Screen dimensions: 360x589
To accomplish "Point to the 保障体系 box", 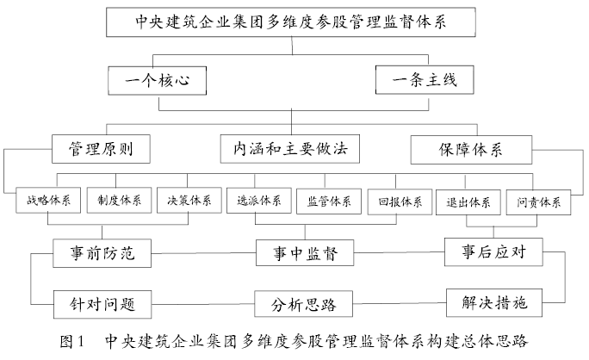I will [x=469, y=148].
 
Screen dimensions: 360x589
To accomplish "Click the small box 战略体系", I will [x=49, y=202].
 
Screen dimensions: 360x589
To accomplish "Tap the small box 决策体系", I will [x=189, y=202].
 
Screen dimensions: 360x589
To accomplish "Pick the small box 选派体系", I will [x=259, y=202].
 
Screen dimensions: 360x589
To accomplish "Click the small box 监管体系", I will [x=329, y=202].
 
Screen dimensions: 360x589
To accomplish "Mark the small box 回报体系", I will [x=400, y=202].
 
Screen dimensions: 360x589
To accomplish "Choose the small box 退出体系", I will [x=469, y=202].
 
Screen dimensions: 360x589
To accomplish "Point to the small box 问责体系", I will [x=539, y=202].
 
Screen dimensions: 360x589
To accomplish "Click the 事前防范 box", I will [x=102, y=254].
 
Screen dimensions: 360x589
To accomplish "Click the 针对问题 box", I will [x=102, y=303].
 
